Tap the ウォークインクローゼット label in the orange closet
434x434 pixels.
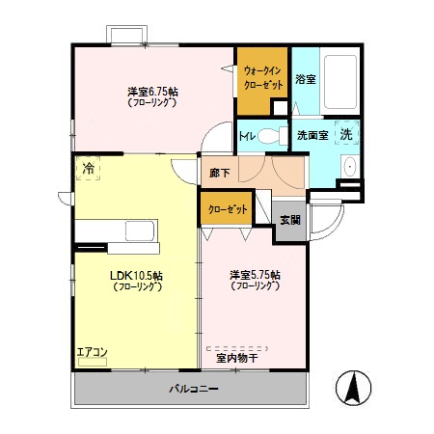[262, 76]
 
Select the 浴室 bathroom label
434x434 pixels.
[307, 78]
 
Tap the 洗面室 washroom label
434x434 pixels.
[313, 135]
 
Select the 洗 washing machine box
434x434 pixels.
[345, 134]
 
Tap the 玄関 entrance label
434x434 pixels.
[289, 220]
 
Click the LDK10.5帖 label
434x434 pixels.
[136, 281]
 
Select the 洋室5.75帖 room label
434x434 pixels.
[255, 280]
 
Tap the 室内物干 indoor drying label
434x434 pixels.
[236, 358]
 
